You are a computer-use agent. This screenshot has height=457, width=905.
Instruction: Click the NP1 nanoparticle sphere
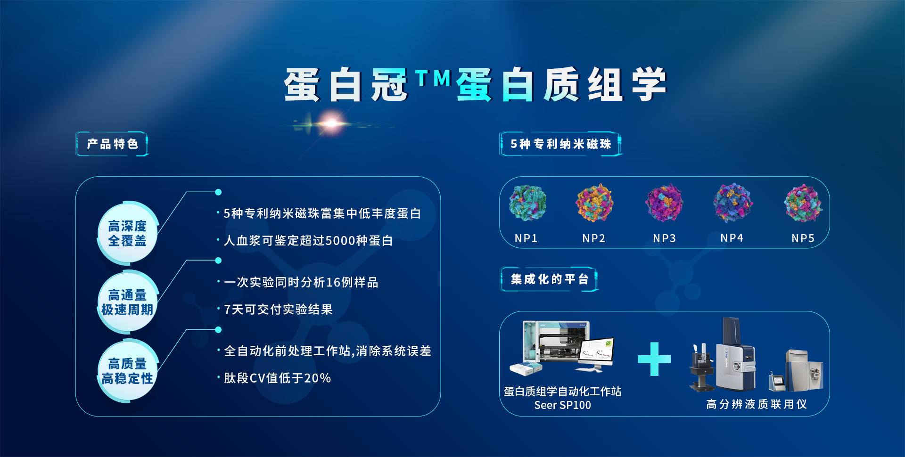tap(527, 203)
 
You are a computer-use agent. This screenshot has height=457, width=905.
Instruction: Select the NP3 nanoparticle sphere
tap(664, 203)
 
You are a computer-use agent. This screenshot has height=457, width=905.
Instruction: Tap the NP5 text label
tap(803, 238)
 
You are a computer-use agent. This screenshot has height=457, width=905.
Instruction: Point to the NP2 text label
tap(593, 238)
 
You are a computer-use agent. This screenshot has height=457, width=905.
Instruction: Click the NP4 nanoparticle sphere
tap(732, 203)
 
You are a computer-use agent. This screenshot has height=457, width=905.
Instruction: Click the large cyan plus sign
tap(654, 359)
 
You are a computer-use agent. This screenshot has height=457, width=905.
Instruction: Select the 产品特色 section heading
tap(112, 144)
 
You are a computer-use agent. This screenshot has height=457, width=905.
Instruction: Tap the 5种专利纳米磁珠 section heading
tap(560, 144)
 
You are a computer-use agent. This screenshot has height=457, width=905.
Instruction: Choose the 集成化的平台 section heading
tap(549, 279)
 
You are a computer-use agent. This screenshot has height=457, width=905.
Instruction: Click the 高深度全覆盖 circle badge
tap(127, 233)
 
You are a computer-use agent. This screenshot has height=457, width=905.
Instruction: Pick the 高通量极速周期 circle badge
tap(127, 302)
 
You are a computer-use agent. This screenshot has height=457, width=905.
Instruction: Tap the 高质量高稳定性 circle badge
tap(127, 371)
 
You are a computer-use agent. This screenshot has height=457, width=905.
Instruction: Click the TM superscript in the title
tap(433, 78)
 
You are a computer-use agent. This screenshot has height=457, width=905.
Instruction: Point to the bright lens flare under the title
tap(332, 123)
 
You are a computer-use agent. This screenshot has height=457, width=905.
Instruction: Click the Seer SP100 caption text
tap(562, 405)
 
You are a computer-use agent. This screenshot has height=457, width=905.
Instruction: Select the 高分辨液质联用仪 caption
tap(757, 404)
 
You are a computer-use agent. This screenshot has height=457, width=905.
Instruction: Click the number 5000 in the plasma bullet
tap(340, 241)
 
